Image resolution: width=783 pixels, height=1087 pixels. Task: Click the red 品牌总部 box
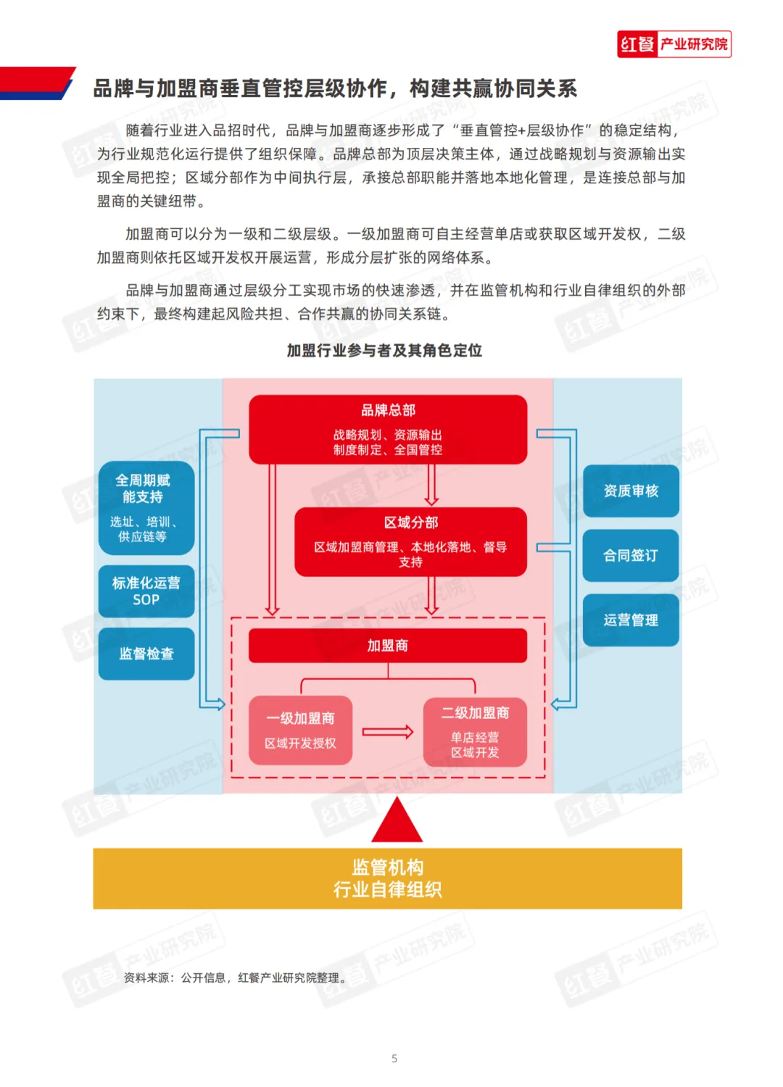click(x=388, y=429)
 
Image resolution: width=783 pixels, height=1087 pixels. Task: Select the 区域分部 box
click(x=410, y=541)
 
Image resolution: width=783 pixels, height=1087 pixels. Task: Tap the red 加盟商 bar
click(x=388, y=645)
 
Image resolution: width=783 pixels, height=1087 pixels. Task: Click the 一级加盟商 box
click(x=300, y=730)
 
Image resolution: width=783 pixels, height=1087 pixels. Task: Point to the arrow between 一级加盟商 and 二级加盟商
click(x=388, y=732)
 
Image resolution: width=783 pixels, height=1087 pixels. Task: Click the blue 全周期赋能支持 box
click(x=146, y=507)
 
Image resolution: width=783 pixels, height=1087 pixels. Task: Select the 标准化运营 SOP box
click(x=146, y=591)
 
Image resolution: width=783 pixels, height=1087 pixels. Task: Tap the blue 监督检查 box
click(x=146, y=654)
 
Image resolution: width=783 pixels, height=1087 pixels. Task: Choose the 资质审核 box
click(x=631, y=491)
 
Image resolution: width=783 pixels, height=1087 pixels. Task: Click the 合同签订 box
click(x=631, y=555)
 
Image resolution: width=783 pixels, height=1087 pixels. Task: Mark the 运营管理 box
click(x=631, y=620)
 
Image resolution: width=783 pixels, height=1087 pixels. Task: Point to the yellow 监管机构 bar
click(x=388, y=878)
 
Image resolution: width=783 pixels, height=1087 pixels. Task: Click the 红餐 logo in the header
click(x=674, y=44)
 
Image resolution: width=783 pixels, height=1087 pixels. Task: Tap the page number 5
click(x=394, y=1058)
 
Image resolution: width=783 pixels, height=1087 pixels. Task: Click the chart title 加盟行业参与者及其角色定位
click(x=384, y=351)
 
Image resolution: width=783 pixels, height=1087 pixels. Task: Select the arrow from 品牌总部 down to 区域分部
click(x=431, y=484)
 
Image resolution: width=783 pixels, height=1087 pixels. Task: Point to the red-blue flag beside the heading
click(x=36, y=83)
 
